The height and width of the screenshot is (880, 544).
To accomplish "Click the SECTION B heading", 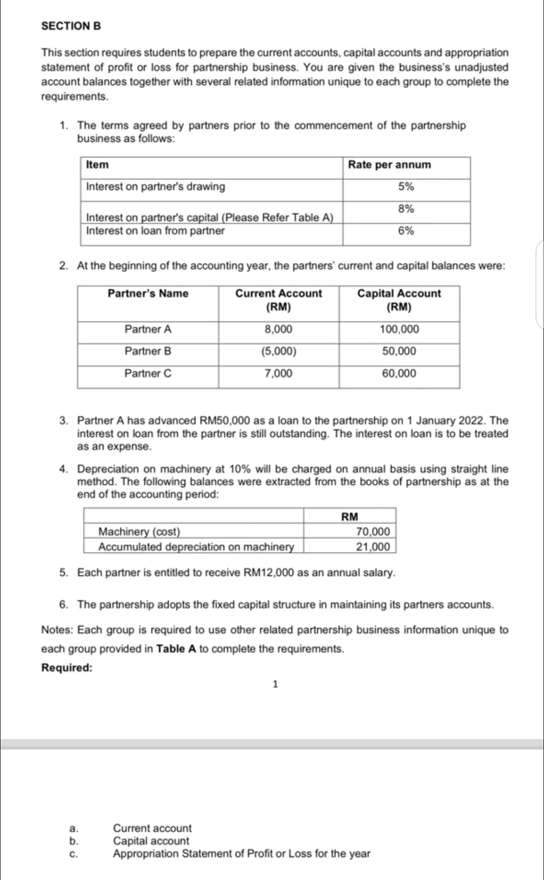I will click(x=71, y=27).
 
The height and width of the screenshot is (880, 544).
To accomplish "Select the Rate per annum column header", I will click(x=389, y=165).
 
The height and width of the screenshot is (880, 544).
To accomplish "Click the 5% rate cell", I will click(x=406, y=187).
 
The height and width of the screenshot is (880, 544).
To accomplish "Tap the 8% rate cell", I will click(x=406, y=209).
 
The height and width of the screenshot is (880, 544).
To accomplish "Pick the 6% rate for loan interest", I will click(x=406, y=231).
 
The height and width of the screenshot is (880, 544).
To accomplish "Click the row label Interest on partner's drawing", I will click(x=155, y=187).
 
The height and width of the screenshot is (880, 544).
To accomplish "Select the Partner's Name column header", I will click(x=148, y=293).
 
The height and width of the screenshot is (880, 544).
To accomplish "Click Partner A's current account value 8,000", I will click(x=278, y=329).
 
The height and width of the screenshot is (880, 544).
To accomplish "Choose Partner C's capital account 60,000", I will click(x=399, y=374).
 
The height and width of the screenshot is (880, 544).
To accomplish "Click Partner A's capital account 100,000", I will click(x=399, y=329).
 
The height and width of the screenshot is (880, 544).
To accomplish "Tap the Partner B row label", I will click(x=148, y=351).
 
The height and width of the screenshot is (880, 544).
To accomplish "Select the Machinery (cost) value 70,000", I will click(x=373, y=531).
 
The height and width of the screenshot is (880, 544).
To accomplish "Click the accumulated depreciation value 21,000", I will click(x=373, y=547).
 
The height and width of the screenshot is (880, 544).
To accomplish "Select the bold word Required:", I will click(x=67, y=668).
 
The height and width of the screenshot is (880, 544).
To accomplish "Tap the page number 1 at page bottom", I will click(x=275, y=685).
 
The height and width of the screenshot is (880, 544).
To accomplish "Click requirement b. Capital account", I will click(x=151, y=841).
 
